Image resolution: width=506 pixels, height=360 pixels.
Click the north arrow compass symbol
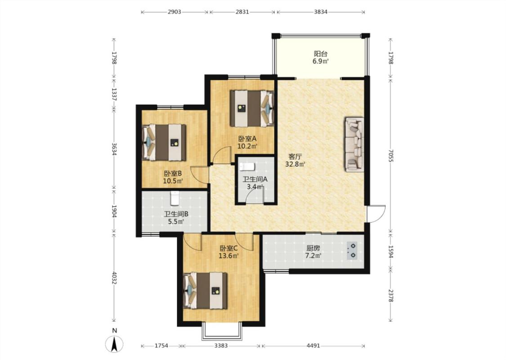[x=114, y=344]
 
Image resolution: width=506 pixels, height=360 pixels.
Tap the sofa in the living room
[x=354, y=144]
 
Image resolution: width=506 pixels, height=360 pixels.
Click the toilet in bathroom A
[x=247, y=166]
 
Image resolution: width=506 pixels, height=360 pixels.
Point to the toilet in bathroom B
[x=174, y=198]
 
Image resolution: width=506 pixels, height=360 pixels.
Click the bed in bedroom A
[x=252, y=108]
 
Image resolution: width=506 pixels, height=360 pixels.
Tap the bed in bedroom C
[x=205, y=291]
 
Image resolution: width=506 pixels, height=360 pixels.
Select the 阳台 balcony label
[x=320, y=54]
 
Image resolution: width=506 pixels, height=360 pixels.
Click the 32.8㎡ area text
[x=295, y=164]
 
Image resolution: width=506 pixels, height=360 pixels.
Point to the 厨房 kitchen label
[x=313, y=248]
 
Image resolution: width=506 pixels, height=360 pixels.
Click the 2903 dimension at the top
[x=174, y=12]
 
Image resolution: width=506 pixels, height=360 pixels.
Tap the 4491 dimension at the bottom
[x=313, y=346]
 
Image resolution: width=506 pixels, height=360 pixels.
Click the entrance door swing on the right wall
[x=376, y=213]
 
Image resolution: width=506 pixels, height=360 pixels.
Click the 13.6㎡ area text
[x=229, y=256]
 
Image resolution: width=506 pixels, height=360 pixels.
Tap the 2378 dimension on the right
[x=391, y=296]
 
